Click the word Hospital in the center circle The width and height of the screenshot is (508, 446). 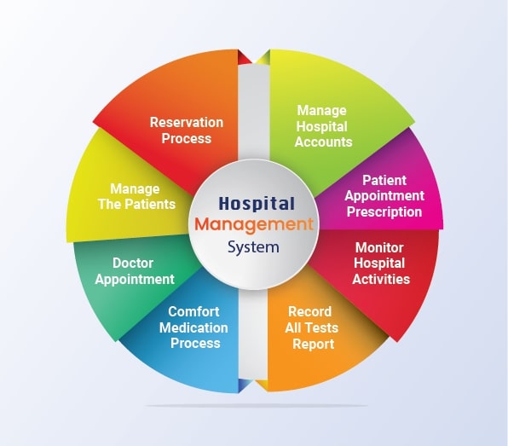tap(257, 204)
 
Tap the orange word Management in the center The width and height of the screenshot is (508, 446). tap(254, 225)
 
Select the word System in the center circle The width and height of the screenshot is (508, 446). tap(254, 248)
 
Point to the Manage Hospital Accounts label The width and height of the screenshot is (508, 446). tap(323, 126)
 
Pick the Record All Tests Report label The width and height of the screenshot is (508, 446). tap(313, 328)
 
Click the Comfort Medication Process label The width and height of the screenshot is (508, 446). tap(193, 327)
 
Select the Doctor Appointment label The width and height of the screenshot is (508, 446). tap(135, 271)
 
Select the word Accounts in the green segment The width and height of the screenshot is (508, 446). tap(323, 142)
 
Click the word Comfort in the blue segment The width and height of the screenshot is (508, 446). tap(193, 311)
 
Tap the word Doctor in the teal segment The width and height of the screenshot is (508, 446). tap(135, 264)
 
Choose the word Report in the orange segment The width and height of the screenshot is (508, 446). tap(313, 345)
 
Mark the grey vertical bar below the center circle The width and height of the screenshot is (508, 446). tap(253, 341)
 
